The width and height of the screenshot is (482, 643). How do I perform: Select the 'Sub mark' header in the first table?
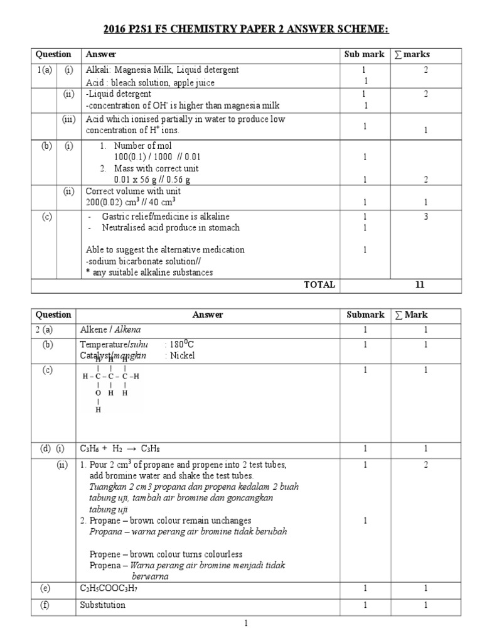[364, 55]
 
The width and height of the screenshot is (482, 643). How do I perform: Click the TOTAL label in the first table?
[320, 284]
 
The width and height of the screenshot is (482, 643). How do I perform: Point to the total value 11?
[420, 284]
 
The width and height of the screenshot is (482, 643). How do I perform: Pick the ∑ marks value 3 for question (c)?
[425, 216]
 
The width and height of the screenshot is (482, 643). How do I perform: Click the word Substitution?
[103, 605]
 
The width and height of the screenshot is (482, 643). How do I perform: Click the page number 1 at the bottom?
[247, 624]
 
